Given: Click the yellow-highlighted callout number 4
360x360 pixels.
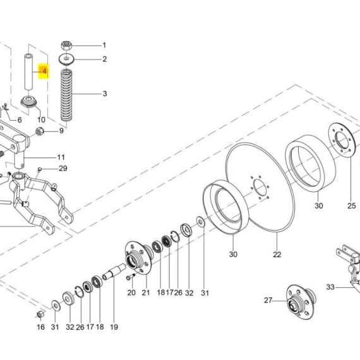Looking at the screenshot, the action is point(44,71).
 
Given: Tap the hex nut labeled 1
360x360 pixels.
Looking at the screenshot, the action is point(66,45).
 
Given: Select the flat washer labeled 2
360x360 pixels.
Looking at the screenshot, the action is point(66,59).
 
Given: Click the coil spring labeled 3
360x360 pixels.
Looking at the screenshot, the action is point(66,95).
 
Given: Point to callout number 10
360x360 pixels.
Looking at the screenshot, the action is point(41,119).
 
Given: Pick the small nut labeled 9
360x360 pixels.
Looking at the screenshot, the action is point(40,131).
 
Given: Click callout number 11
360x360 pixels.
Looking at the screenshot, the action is point(61,157).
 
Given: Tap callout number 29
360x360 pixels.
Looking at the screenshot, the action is point(63,169).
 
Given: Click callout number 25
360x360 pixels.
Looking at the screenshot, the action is point(352,205).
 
